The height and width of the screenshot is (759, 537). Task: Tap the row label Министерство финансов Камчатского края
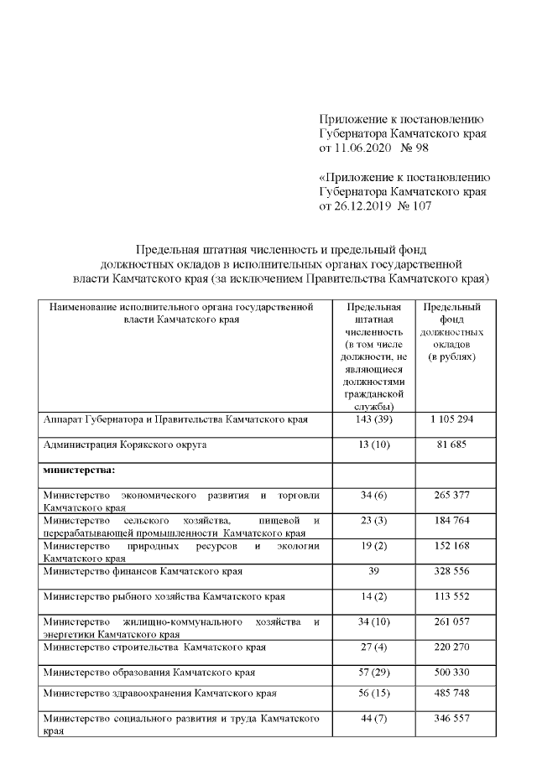click(143, 572)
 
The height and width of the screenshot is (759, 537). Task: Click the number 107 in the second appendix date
click(419, 206)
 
